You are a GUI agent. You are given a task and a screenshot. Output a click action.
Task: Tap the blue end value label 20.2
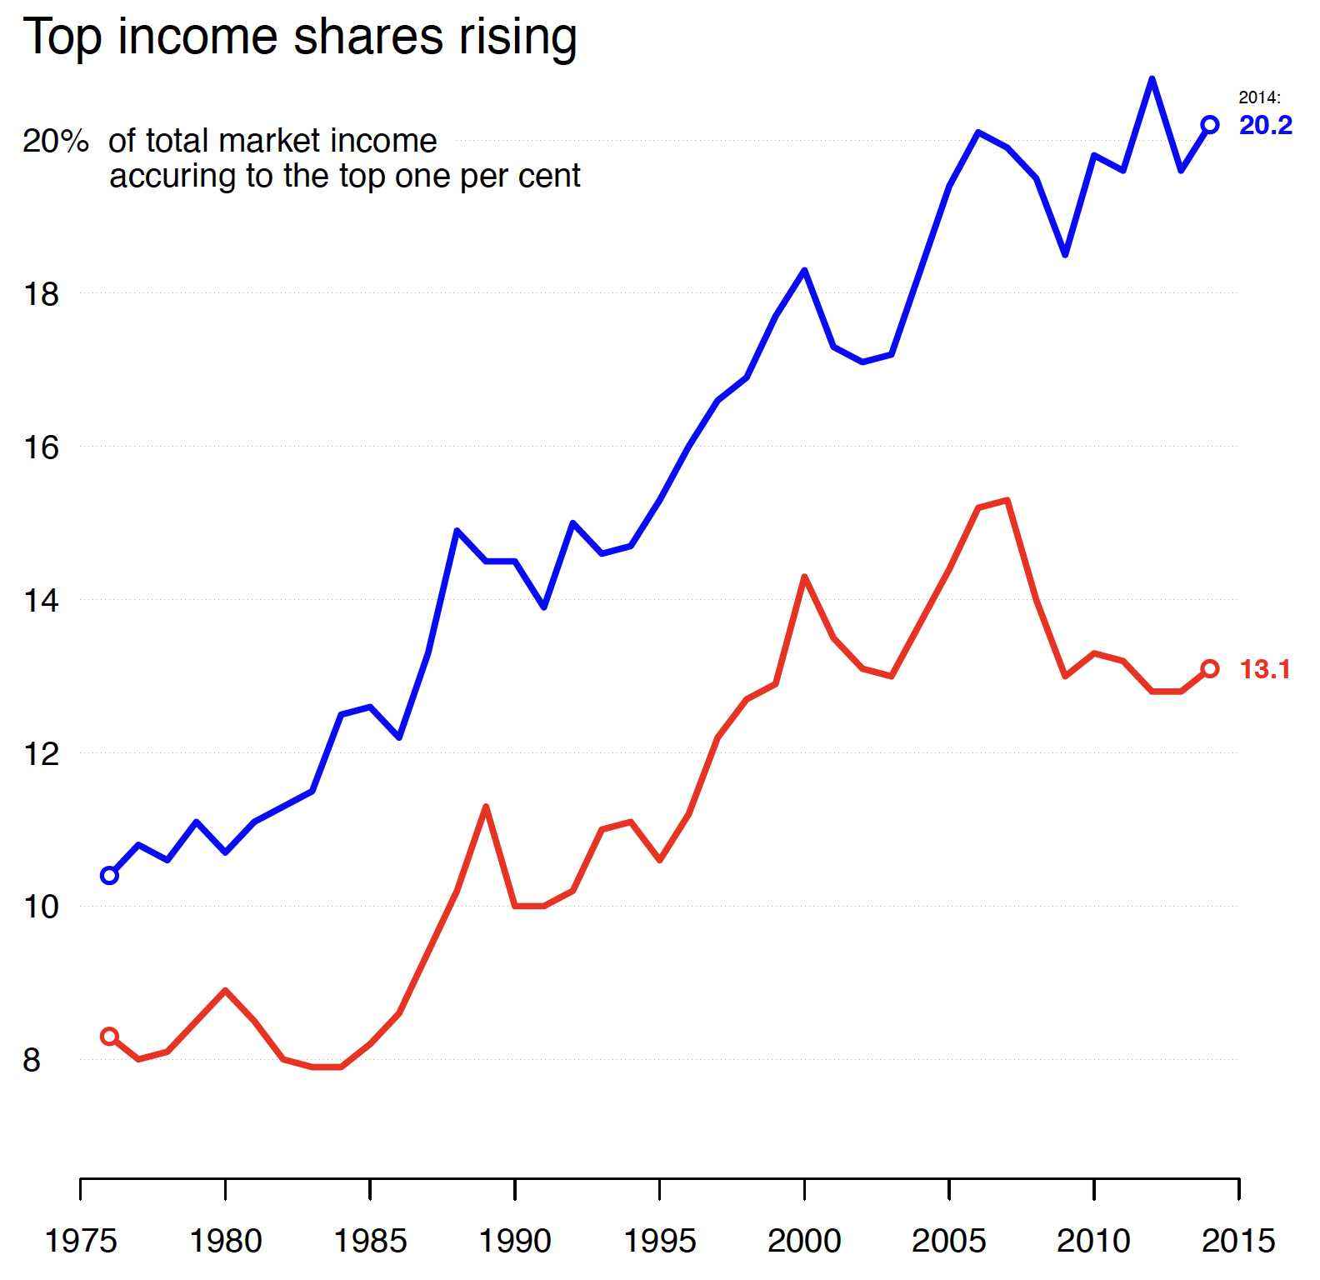pos(1265,126)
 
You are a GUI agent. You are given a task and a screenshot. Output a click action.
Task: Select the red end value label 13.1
pos(1264,669)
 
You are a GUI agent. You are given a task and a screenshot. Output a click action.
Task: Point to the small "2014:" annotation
pos(1259,97)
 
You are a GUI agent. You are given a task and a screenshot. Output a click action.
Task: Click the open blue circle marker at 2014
pos(1210,125)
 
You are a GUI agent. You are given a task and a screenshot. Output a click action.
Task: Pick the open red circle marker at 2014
pos(1210,668)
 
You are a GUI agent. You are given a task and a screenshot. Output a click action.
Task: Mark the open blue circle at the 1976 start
pos(109,875)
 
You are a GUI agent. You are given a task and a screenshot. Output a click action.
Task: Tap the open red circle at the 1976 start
pos(109,1037)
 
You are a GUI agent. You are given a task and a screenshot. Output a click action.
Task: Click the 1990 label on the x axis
pos(515,1242)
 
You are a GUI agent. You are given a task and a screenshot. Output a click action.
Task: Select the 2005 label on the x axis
pos(949,1242)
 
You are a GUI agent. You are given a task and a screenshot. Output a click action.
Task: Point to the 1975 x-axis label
pos(81,1242)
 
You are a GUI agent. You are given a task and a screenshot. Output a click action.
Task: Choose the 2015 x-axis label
pos(1238,1242)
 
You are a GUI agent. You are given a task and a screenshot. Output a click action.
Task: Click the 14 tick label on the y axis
pos(41,601)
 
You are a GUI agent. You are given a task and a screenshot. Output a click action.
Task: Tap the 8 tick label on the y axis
pos(32,1061)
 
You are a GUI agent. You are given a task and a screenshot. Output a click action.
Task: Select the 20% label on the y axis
pos(55,142)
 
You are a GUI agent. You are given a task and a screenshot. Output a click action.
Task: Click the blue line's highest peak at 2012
pos(1152,79)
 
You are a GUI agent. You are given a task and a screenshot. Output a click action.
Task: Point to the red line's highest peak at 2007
pos(1007,501)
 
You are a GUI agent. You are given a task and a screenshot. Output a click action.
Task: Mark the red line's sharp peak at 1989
pos(486,807)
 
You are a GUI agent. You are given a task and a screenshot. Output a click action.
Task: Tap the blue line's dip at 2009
pos(1065,254)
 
